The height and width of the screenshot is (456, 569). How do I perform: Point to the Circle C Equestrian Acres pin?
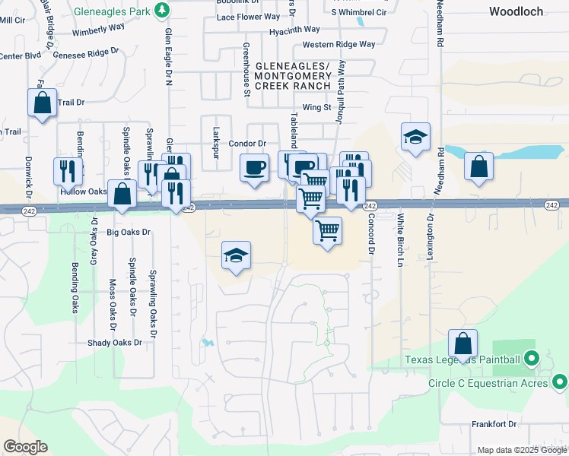click(561, 381)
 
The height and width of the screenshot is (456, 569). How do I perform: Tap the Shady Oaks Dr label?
click(115, 343)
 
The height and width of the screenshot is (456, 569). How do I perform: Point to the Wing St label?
click(316, 107)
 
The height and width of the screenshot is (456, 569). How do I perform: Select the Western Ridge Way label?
click(339, 45)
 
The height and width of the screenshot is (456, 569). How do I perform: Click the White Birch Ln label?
click(400, 240)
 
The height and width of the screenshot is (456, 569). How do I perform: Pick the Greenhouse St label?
click(246, 70)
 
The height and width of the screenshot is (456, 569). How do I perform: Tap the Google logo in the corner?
click(25, 447)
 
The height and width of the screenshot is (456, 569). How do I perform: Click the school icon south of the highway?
click(237, 256)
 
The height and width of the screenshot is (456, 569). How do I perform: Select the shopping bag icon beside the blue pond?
click(478, 166)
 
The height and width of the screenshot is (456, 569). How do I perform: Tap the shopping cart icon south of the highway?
click(327, 230)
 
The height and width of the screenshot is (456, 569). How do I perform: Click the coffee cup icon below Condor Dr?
click(254, 167)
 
